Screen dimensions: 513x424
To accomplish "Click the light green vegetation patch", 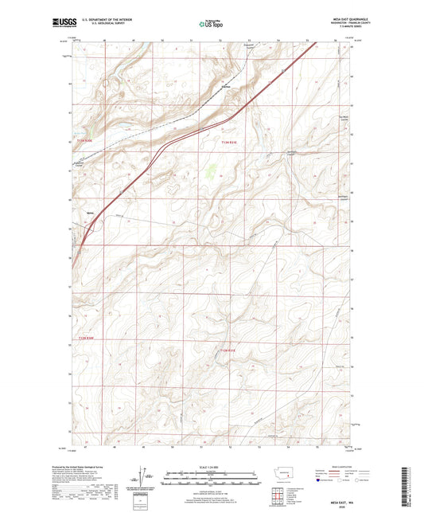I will (212, 170).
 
